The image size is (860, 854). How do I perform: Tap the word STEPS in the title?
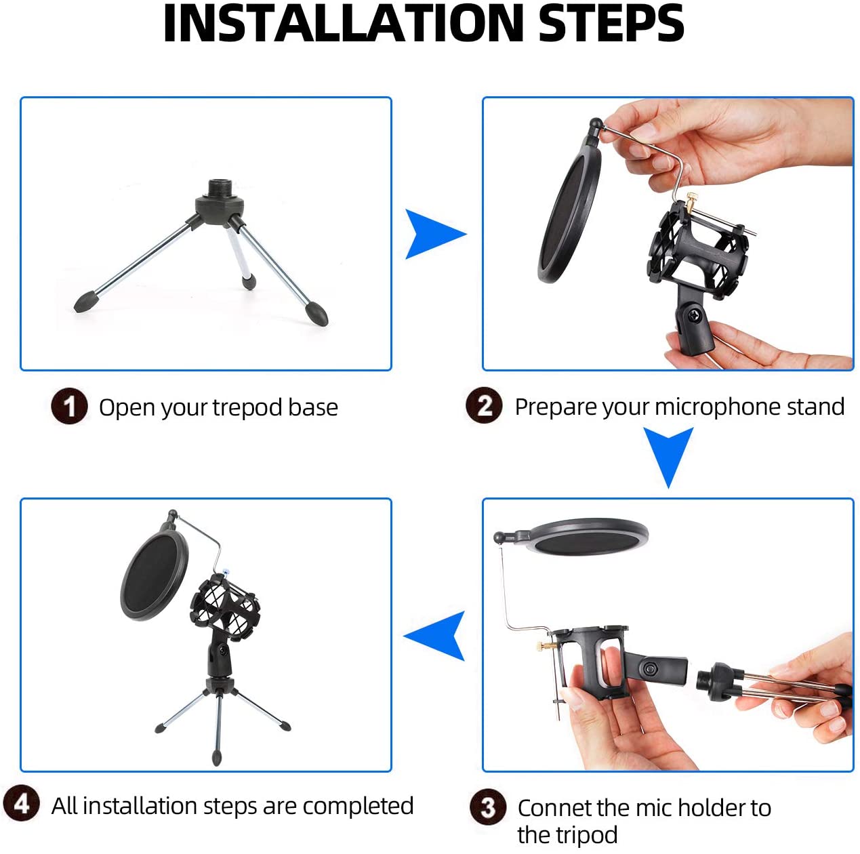point(611,24)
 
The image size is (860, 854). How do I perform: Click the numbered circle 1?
point(69,407)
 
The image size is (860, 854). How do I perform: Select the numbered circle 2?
point(484,405)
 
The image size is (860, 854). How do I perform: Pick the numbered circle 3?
point(488,807)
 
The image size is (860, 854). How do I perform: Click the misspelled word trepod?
point(247,407)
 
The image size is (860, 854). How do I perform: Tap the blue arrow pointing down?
point(668,453)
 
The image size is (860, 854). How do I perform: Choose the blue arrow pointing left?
point(438,635)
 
